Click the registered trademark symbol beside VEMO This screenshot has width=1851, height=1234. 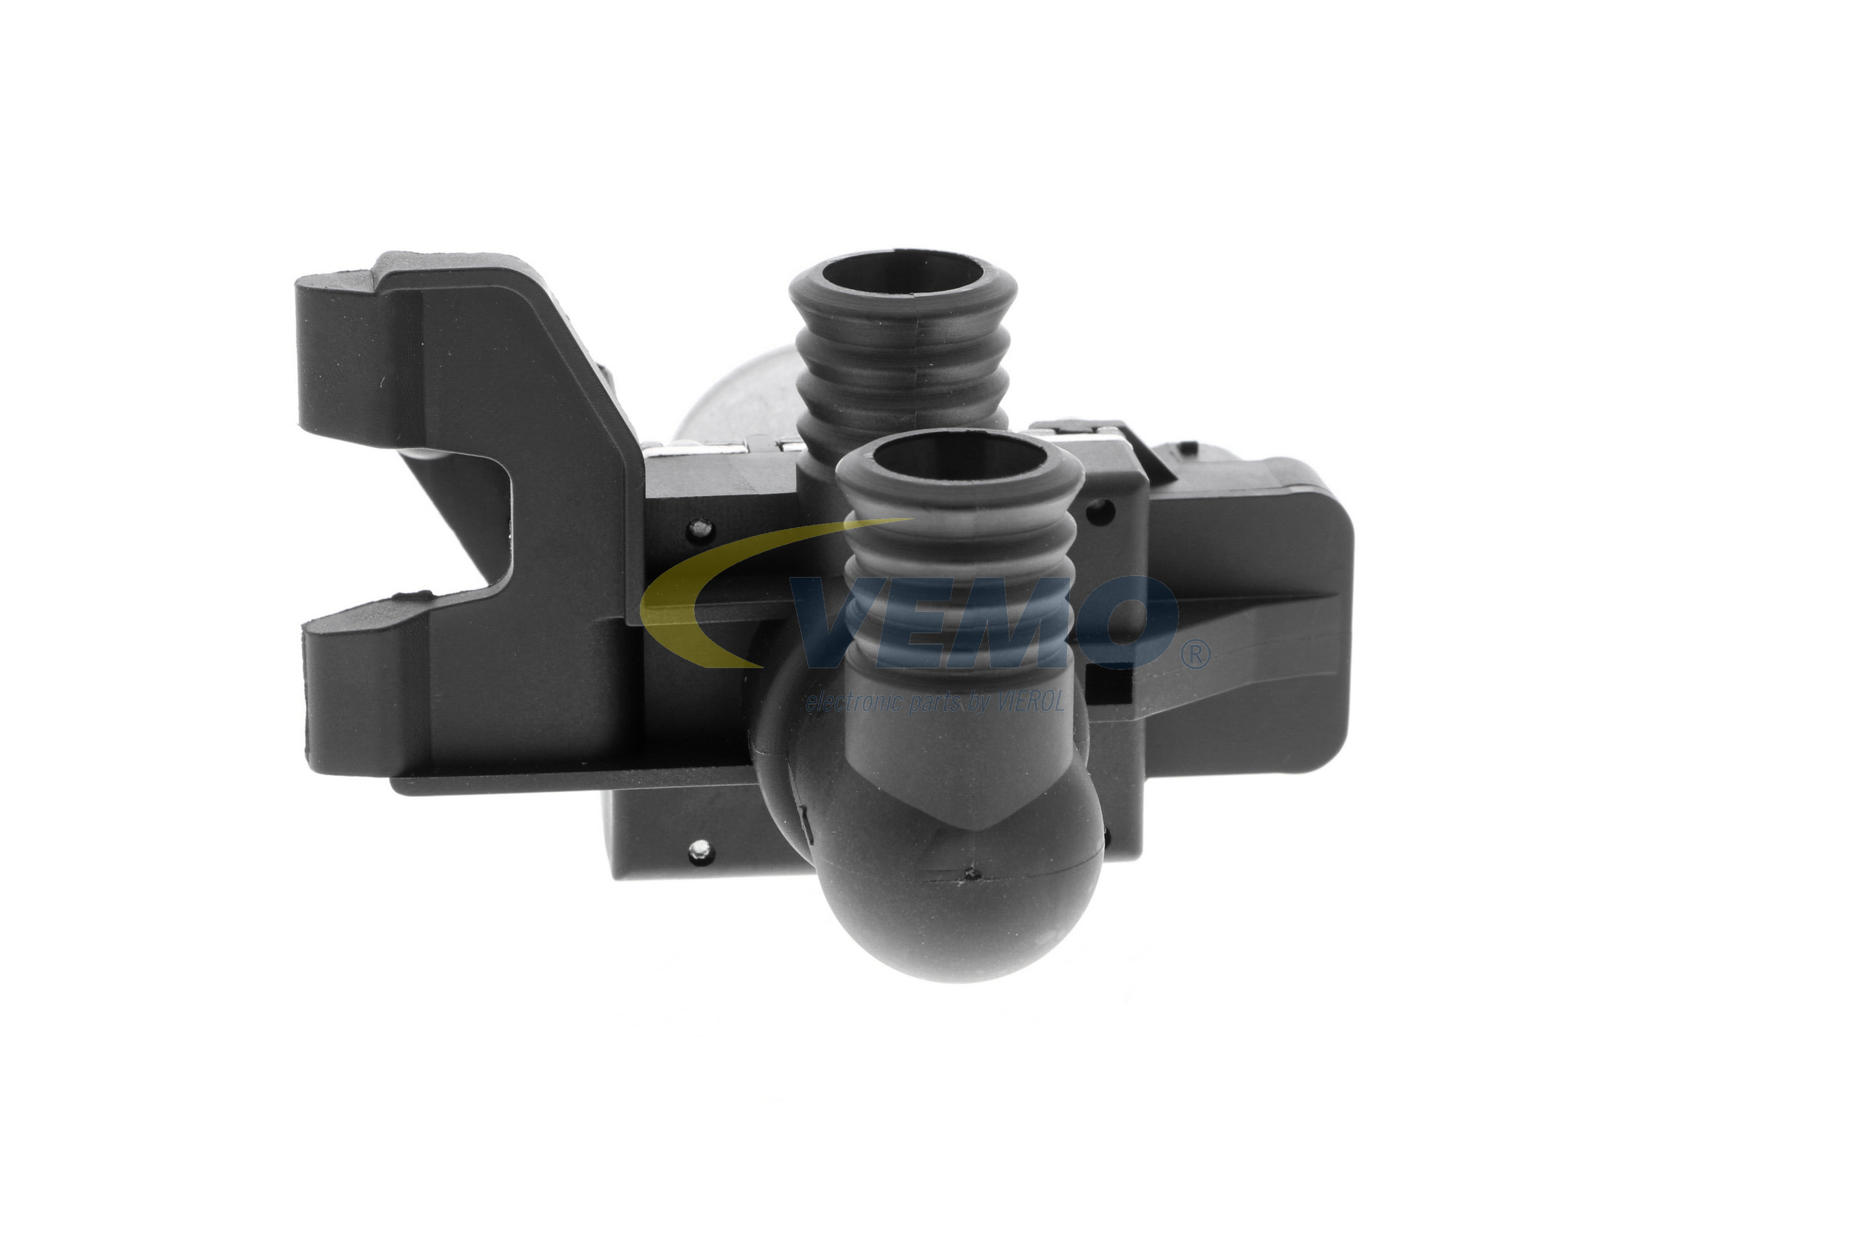(x=1195, y=655)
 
